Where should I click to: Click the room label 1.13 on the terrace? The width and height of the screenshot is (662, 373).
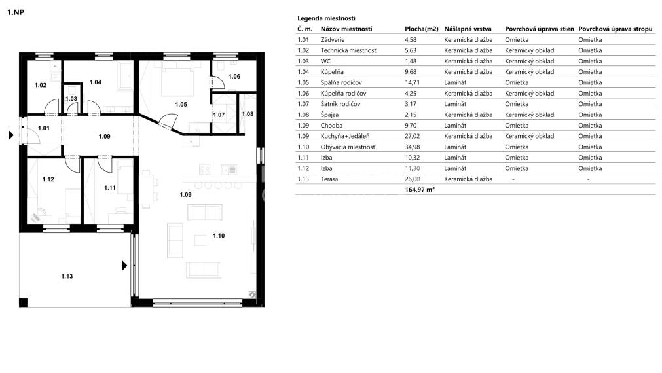coord(67,276)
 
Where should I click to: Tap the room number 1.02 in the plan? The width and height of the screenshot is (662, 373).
coord(41,85)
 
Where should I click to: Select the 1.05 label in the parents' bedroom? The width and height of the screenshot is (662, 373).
coord(181,104)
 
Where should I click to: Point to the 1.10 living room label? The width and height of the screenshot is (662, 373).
coord(218,236)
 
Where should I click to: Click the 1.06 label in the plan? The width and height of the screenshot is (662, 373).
coord(234,77)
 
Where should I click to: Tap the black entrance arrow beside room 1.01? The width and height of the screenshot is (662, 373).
coord(10,136)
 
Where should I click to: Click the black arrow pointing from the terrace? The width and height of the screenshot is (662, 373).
coord(123,266)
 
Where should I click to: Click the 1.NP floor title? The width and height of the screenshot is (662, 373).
coord(16,12)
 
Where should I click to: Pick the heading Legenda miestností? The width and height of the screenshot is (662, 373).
coord(326,18)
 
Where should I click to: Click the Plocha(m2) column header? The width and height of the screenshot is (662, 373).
coord(421,29)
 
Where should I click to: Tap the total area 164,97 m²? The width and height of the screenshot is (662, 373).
coord(420,189)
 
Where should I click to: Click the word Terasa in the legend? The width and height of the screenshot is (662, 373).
coord(331,179)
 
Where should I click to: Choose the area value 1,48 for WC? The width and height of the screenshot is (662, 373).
coord(411,61)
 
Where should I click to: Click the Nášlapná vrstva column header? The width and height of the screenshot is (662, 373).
coord(469,29)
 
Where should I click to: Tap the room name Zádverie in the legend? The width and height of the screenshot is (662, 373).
coord(334,39)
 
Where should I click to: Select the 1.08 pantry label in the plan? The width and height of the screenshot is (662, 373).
coord(248,114)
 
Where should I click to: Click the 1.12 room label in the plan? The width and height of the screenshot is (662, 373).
coord(48,179)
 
